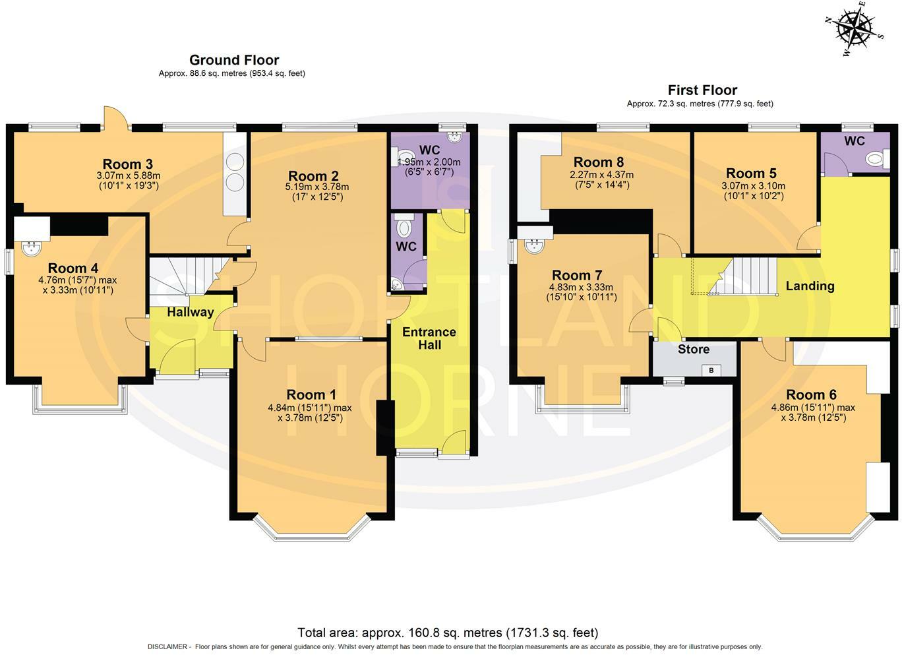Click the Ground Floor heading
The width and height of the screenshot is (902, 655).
pos(234,60)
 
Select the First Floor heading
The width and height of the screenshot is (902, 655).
pos(702,90)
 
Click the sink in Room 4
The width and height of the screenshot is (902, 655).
pos(31,249)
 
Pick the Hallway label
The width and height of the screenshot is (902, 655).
pos(190,312)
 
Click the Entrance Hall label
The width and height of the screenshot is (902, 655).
pos(429,338)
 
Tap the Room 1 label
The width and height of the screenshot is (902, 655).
pos(311,394)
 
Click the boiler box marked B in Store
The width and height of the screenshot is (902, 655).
pos(711,370)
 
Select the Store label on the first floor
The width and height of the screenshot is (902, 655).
pos(693,350)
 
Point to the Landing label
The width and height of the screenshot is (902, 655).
pos(810,286)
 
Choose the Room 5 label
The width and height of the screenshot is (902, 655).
pos(751,173)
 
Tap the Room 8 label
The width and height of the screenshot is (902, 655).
pos(599,162)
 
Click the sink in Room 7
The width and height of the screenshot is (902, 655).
pos(536,245)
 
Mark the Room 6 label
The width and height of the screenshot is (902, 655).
pos(812,394)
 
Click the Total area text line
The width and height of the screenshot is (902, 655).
pos(448,633)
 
